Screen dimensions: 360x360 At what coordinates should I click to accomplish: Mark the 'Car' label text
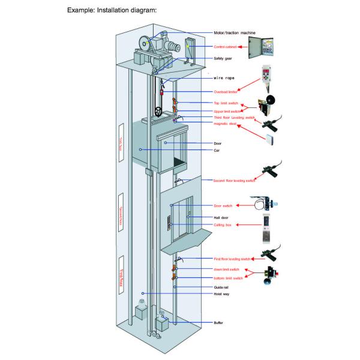click(217, 149)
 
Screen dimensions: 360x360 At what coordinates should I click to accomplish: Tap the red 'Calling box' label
click(223, 224)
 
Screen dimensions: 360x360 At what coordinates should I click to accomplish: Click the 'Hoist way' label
click(222, 295)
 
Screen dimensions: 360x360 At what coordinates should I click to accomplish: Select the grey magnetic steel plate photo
click(272, 140)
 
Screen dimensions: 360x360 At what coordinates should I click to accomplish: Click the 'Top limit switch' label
click(226, 104)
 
